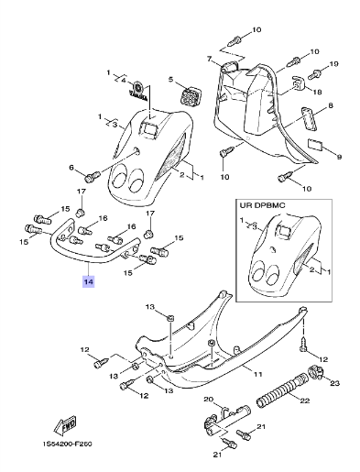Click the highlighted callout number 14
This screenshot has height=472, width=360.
click(x=88, y=281)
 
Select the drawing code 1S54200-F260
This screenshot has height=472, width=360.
click(x=68, y=444)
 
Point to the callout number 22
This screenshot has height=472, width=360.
click(x=305, y=401)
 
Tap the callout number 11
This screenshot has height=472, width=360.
click(x=258, y=374)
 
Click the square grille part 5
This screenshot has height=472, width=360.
click(x=188, y=95)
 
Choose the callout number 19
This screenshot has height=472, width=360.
click(x=333, y=64)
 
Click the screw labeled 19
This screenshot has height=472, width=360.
click(x=314, y=74)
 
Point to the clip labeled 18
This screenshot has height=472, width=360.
click(x=299, y=82)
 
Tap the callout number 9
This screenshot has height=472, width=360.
click(x=339, y=157)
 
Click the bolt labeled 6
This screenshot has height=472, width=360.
click(x=92, y=176)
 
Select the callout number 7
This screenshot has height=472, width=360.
click(x=209, y=59)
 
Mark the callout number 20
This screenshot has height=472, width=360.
click(x=208, y=399)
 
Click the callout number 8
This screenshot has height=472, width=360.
click(x=330, y=105)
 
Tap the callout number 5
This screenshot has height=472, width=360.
click(x=170, y=80)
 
